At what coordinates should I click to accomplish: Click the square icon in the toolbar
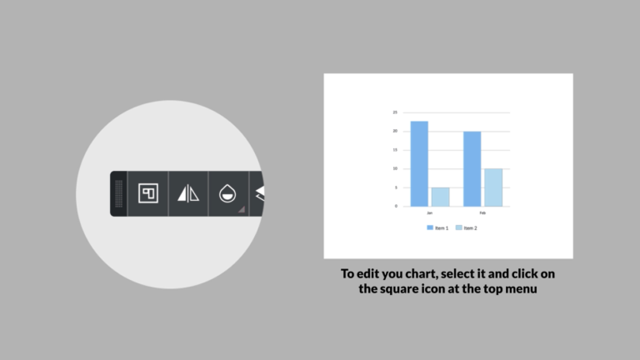point(148,193)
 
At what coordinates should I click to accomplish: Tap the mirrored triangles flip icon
point(188,194)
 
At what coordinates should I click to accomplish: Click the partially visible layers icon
point(259,194)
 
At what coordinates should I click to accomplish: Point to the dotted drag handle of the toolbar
point(119,194)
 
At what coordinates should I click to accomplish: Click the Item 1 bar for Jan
point(419,163)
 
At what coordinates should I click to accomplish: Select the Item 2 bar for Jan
point(440,197)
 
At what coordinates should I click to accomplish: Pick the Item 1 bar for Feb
point(472,168)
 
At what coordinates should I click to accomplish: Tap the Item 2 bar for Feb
point(493,187)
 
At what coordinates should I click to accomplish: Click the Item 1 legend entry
point(438,227)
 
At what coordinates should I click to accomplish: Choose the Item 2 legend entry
point(467,227)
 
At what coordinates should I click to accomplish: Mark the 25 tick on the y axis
point(395,112)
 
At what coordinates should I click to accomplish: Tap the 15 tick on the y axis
point(395,150)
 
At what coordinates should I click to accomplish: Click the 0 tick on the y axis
point(396,206)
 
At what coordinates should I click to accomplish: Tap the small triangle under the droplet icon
point(242,209)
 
